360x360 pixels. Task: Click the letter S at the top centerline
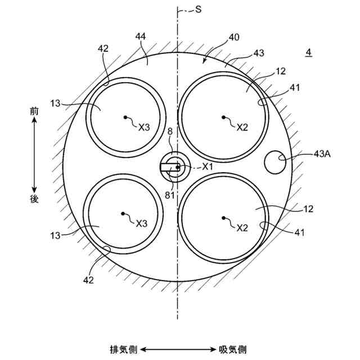pos(199,10)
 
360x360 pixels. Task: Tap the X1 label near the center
pos(208,166)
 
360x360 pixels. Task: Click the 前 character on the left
pos(34,112)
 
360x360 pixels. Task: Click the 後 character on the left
pos(34,198)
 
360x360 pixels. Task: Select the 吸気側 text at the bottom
pos(232,349)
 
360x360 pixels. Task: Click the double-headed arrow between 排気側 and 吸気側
pos(177,349)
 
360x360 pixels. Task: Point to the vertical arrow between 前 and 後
pos(34,155)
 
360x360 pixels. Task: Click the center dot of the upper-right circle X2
pos(223,118)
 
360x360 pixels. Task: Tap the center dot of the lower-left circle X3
pos(123,213)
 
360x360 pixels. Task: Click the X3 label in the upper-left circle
pos(144,127)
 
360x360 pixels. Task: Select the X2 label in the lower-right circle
pos(242,228)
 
